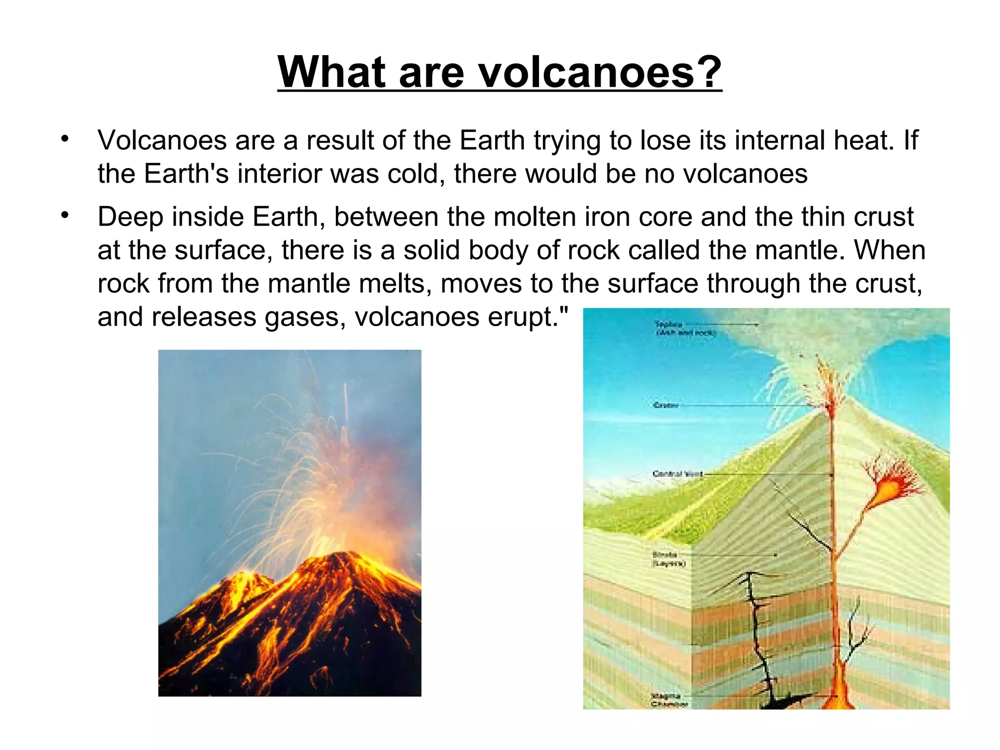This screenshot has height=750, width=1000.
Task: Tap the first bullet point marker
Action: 65,139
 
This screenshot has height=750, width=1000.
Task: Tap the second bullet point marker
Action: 65,215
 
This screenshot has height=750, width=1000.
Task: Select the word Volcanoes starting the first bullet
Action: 162,141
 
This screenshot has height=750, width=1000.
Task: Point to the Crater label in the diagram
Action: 666,405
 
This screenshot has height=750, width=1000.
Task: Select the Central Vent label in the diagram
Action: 678,474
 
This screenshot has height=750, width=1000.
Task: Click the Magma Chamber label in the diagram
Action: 668,700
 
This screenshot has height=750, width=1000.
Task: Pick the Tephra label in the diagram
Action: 684,328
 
